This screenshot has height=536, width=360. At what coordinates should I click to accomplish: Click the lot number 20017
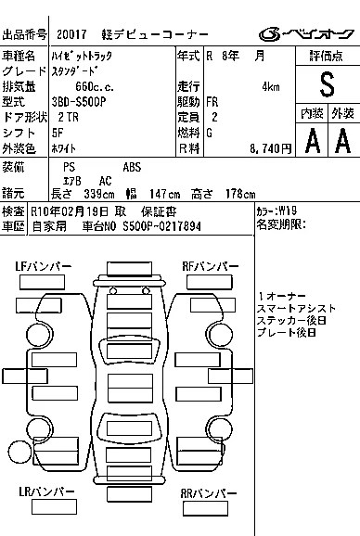pos(71,34)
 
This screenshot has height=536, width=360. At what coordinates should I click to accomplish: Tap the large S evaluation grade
pos(327,84)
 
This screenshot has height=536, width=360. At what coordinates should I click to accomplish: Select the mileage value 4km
pos(271,87)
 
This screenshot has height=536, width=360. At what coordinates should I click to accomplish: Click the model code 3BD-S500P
pos(79,102)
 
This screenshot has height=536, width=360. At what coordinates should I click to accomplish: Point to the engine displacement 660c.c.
pos(95,87)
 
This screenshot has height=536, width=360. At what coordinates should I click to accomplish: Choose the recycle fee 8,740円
pos(270,148)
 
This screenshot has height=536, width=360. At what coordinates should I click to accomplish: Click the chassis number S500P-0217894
pos(161,226)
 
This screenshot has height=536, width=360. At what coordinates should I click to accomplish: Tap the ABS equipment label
pos(132,167)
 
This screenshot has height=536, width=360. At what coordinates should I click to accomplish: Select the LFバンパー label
pos(44,266)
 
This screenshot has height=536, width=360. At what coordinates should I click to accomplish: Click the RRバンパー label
pos(209,493)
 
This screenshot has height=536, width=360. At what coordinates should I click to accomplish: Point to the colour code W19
pos(288,211)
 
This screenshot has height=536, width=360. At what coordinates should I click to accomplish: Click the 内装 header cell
pos(312,113)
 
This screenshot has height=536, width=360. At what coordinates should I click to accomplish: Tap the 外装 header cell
pos(343,113)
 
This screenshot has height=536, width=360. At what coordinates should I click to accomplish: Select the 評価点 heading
pos(327,56)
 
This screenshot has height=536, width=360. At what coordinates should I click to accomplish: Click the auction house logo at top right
pos(306,33)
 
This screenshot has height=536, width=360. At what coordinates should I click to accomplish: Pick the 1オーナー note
pos(282,296)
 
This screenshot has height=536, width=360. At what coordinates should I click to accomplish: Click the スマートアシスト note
pos(296,308)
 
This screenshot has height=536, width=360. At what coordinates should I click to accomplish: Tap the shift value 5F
pos(58,133)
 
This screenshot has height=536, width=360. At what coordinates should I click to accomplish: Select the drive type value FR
pos(212,102)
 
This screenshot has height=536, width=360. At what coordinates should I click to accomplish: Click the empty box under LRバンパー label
pos(54,507)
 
